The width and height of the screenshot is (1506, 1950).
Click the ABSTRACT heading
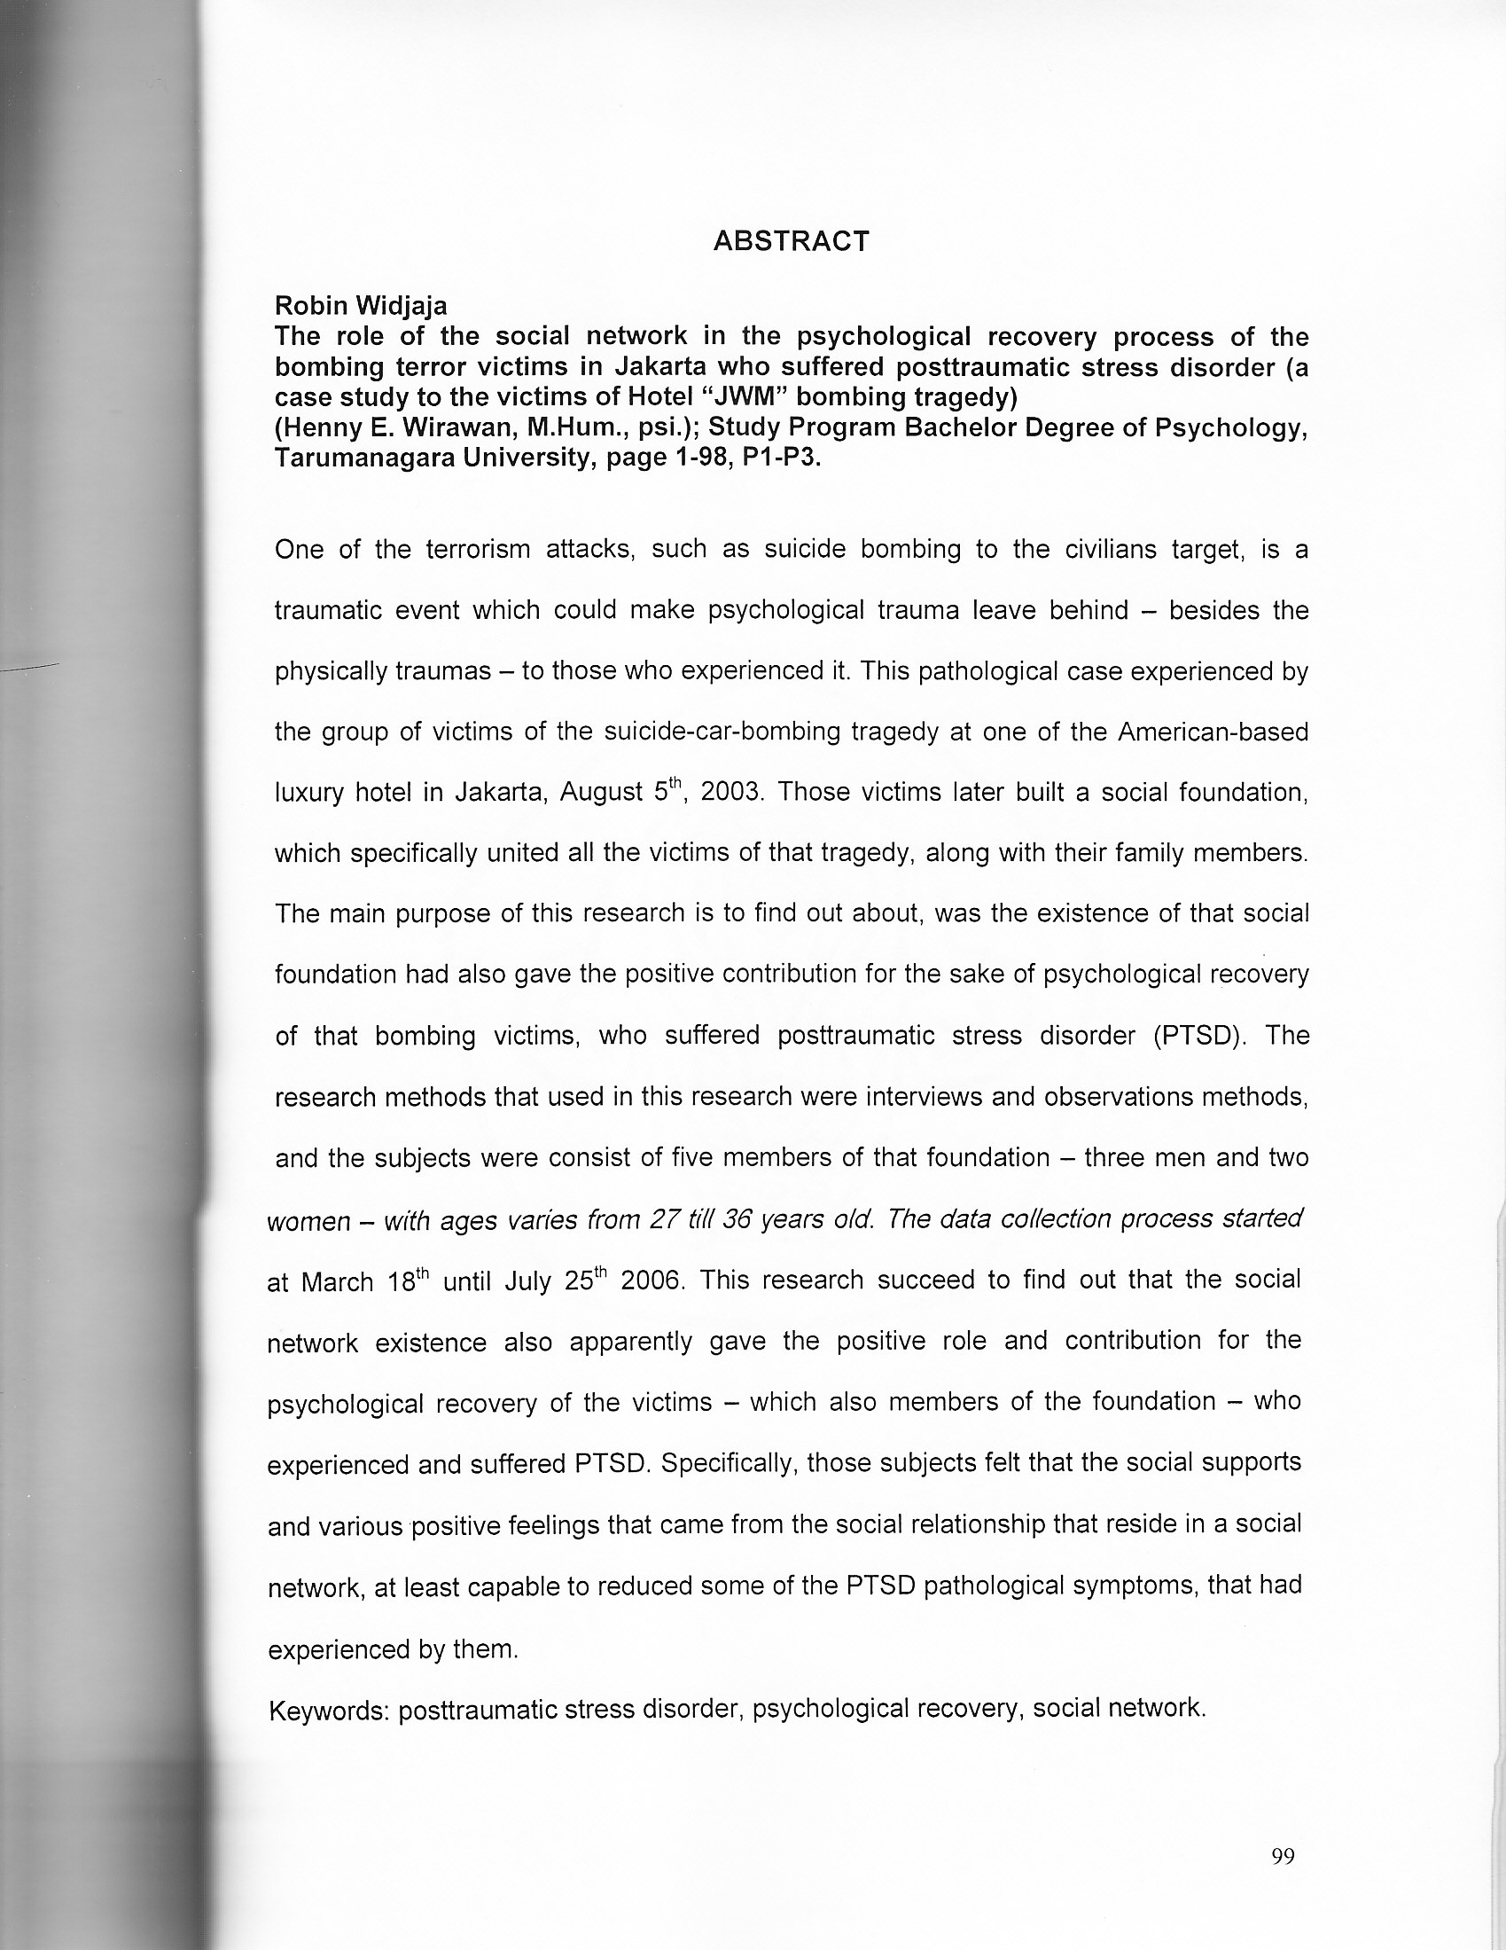(791, 241)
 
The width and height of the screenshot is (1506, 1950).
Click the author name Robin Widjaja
(361, 305)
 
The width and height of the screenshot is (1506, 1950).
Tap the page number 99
(1282, 1856)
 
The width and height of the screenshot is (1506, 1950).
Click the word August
(602, 792)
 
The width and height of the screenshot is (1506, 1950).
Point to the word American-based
(1213, 732)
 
